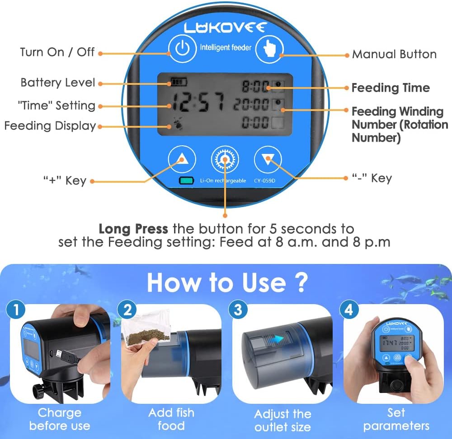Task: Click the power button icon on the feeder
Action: click(183, 48)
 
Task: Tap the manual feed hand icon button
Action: click(269, 48)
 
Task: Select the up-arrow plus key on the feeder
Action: click(182, 159)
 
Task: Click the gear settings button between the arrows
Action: click(225, 159)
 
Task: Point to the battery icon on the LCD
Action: click(179, 82)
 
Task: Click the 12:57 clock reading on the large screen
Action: click(198, 102)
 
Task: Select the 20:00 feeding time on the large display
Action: click(251, 104)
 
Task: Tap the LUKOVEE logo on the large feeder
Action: click(225, 28)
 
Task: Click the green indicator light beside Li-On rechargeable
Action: click(186, 180)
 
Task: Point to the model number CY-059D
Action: click(264, 180)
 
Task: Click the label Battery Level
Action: click(58, 83)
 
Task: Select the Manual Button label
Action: click(394, 55)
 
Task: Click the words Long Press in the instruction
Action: click(133, 229)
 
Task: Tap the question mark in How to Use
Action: click(301, 283)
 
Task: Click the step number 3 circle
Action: click(238, 310)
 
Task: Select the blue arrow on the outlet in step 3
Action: click(276, 339)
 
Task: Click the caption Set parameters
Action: click(396, 419)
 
